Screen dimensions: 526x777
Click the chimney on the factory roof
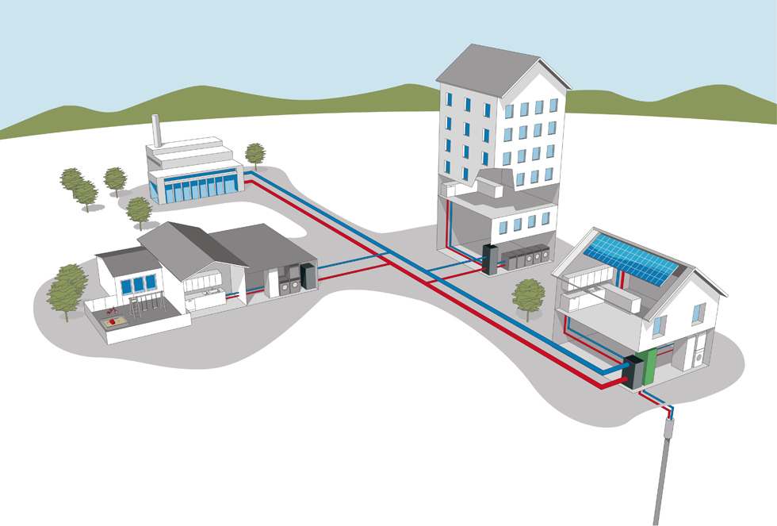pyautogui.click(x=156, y=130)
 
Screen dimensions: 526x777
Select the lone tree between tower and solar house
pyautogui.click(x=528, y=297)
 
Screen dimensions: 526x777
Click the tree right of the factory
pyautogui.click(x=255, y=155)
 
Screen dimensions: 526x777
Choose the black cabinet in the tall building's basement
pyautogui.click(x=491, y=260)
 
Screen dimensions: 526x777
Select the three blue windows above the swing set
pyautogui.click(x=139, y=284)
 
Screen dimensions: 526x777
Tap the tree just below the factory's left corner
pyautogui.click(x=139, y=211)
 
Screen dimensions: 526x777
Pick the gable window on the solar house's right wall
pyautogui.click(x=698, y=313)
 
